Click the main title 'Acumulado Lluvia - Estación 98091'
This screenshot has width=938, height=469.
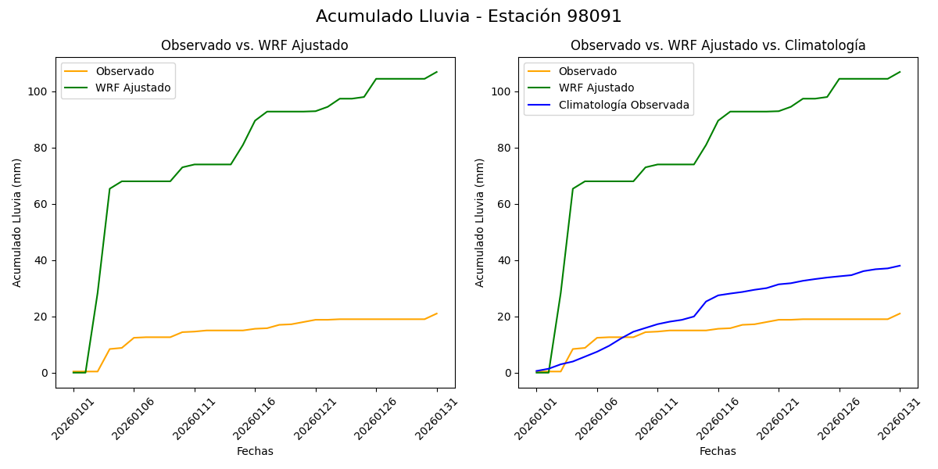469,16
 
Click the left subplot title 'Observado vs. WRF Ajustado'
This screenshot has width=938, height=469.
255,45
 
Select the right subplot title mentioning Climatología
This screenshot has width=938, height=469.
718,45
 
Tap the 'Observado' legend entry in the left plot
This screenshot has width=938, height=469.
124,72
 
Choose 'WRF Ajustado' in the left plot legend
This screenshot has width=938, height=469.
133,88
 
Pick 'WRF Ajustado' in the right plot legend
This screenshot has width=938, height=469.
596,88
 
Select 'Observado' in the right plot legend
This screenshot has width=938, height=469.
587,72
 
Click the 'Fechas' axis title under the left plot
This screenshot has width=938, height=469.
255,451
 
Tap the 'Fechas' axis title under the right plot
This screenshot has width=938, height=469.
718,451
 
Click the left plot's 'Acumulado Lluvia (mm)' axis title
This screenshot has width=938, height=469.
17,222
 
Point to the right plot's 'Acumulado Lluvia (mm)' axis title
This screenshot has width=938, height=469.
480,222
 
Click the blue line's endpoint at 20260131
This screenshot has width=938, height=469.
900,266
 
